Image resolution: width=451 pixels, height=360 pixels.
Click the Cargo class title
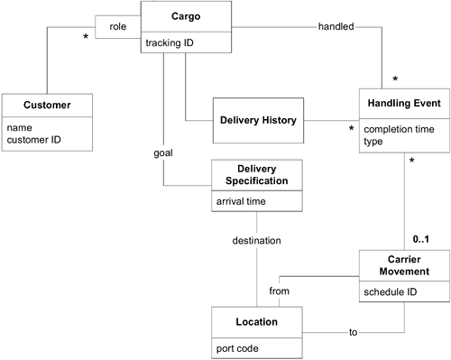point(185,17)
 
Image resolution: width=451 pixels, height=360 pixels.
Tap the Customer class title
point(39,106)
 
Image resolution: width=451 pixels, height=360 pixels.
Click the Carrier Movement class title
point(403,263)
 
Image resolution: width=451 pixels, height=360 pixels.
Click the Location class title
point(256,320)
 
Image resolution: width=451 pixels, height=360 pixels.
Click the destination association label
point(257,241)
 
